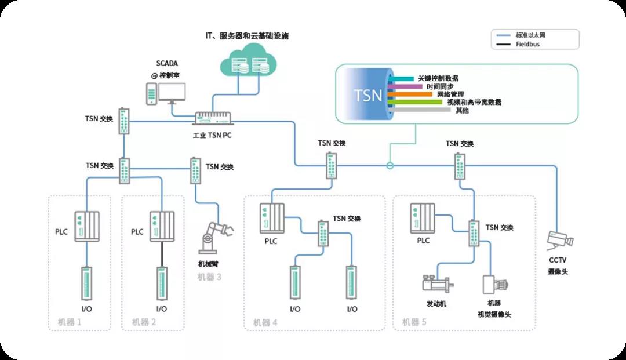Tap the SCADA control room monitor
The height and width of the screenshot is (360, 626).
tap(172, 93)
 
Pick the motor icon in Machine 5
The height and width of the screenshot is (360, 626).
tap(438, 284)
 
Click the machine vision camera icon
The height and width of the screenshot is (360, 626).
tap(496, 285)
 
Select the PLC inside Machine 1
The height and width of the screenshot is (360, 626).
tap(86, 226)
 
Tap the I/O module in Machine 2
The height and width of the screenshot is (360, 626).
tap(162, 283)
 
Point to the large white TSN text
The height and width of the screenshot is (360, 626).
tap(367, 96)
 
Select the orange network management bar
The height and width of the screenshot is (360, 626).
tap(410, 94)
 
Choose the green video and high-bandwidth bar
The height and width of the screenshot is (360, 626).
tap(415, 102)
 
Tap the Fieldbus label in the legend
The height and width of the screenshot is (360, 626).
tap(527, 44)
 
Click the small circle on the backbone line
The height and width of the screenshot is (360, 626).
tap(390, 166)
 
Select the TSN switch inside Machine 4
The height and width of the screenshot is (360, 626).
tap(323, 233)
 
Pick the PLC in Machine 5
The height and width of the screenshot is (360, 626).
tap(423, 219)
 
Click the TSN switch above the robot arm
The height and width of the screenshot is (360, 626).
tap(196, 170)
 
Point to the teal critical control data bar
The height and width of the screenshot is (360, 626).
tap(401, 79)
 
